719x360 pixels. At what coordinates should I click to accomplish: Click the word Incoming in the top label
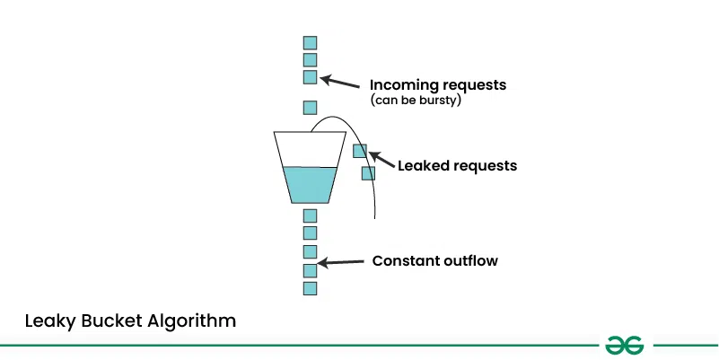[x=401, y=85]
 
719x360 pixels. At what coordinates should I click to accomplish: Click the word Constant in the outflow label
[x=404, y=261]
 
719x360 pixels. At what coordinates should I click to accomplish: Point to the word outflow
[x=469, y=261]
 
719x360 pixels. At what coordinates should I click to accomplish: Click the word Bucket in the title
[x=110, y=320]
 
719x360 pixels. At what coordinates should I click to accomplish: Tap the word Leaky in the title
[x=47, y=320]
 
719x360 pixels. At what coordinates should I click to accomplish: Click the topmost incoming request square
[x=310, y=42]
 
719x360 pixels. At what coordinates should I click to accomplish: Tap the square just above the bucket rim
[x=310, y=108]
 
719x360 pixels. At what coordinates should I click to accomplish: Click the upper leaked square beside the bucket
[x=360, y=151]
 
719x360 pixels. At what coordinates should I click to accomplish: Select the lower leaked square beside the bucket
[x=368, y=173]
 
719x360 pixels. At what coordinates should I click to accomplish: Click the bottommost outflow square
[x=310, y=288]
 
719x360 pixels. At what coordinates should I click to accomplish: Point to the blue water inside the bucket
[x=310, y=184]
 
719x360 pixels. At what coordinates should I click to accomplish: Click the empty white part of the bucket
[x=310, y=151]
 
